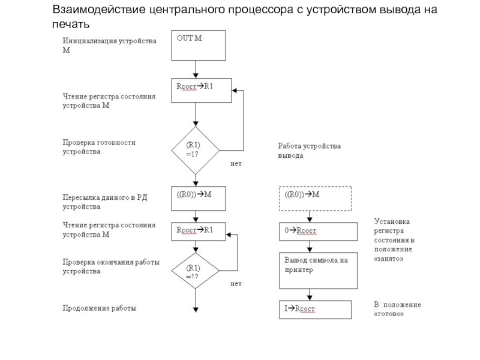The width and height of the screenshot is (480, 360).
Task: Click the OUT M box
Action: (198, 46)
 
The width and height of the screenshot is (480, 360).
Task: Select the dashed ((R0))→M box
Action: (316, 198)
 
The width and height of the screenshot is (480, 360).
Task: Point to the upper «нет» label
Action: (235, 163)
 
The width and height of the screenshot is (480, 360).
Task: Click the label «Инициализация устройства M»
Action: (110, 46)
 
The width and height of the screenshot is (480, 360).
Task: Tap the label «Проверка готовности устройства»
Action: (100, 147)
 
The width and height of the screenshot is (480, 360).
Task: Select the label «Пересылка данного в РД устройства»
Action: (104, 202)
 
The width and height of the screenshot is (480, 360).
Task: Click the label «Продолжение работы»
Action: (100, 308)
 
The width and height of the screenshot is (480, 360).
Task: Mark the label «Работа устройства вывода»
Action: (309, 151)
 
